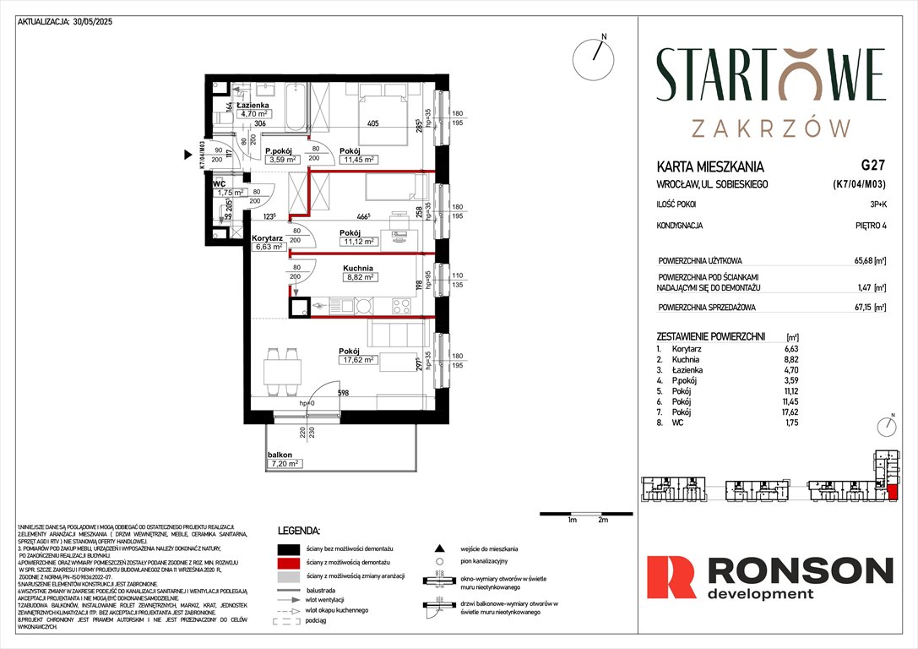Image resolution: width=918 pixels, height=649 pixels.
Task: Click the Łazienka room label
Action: (x=252, y=105)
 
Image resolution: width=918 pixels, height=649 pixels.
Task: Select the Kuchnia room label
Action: (x=359, y=266)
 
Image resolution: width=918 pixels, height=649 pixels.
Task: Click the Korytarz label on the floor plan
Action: (x=267, y=239)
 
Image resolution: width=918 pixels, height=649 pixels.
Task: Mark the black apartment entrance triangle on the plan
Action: (x=188, y=155)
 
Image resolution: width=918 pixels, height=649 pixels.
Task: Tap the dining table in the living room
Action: (x=280, y=368)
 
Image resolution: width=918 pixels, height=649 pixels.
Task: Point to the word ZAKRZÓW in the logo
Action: (x=770, y=128)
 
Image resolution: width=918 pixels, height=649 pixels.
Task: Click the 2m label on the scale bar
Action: (x=603, y=521)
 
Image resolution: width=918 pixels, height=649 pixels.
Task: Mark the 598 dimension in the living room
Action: (x=342, y=392)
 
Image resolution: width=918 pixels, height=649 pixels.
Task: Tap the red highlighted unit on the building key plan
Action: (x=893, y=493)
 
